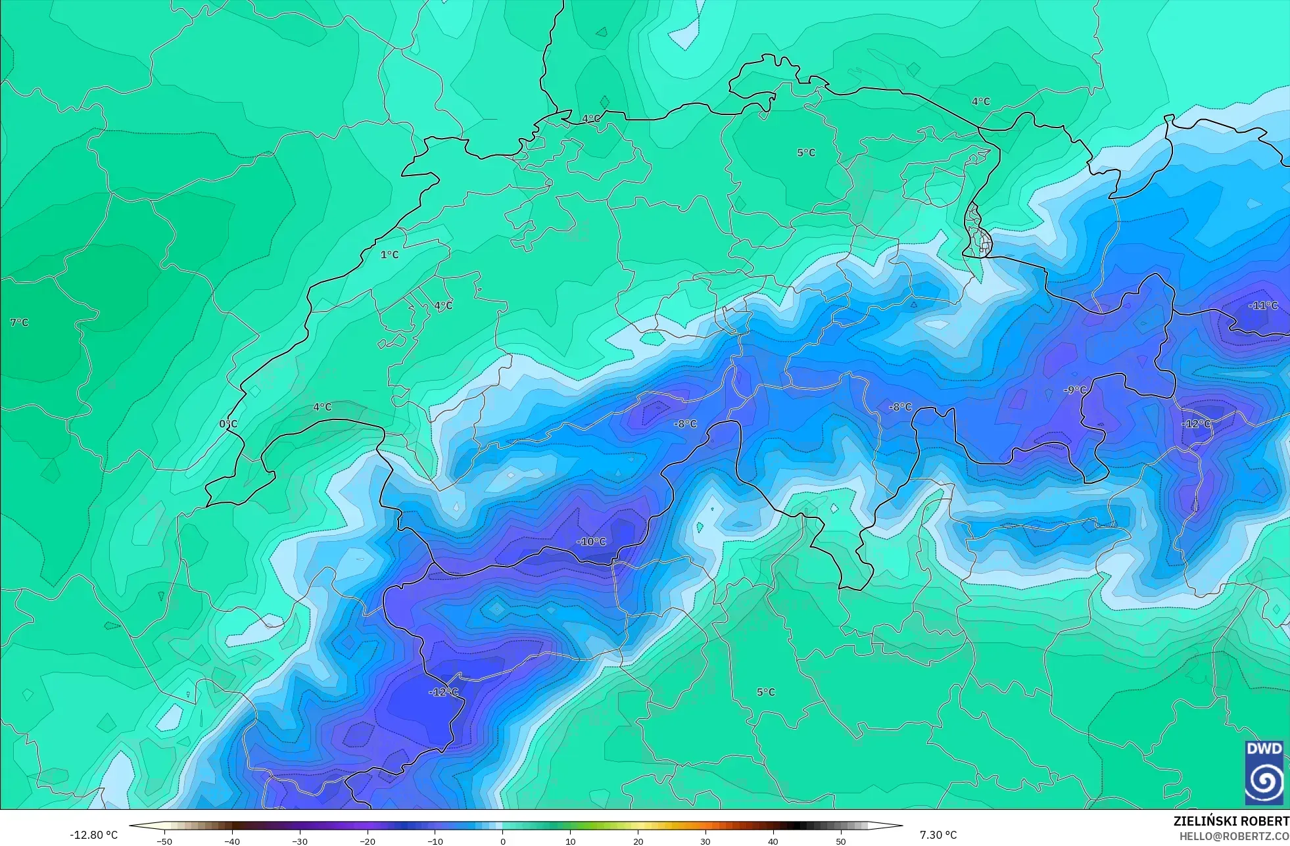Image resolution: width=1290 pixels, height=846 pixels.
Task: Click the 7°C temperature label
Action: pos(19,323)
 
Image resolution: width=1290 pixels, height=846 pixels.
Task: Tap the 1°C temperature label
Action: pos(389,255)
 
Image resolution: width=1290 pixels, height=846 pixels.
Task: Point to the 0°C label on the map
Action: pos(228,424)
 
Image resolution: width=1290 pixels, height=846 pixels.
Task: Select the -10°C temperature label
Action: pos(591,542)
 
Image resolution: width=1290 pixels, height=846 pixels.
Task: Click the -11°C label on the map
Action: pos(1263,306)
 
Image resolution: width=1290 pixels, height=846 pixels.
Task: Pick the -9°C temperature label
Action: pos(1075,390)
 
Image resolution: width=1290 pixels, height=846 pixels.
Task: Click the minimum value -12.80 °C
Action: pos(94,835)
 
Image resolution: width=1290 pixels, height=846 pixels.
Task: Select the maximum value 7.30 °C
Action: pos(938,835)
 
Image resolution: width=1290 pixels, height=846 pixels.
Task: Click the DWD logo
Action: pos(1264,772)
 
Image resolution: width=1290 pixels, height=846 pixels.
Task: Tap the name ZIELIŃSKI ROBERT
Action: pos(1231,821)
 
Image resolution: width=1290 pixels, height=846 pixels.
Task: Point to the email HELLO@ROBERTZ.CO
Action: pos(1233,836)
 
